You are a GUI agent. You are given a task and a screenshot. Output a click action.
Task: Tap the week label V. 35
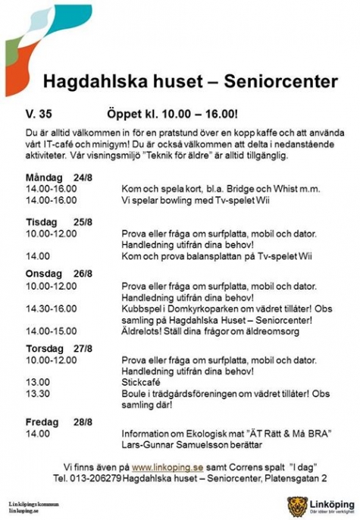(x=37, y=113)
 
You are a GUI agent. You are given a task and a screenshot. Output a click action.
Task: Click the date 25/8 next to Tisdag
(x=83, y=221)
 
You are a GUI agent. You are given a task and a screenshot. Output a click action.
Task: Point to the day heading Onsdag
(x=43, y=274)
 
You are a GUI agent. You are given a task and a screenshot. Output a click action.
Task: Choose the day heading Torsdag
(x=45, y=349)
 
